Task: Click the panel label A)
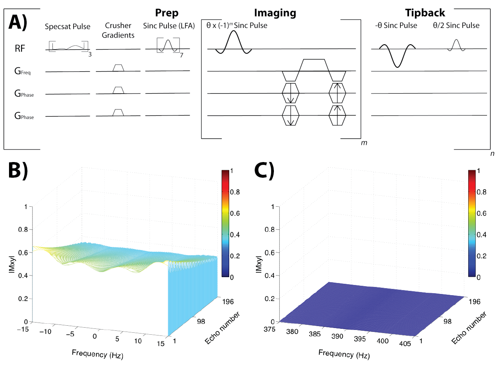pos(18,22)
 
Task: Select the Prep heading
pos(167,13)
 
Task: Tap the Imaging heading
pos(275,13)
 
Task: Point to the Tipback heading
pos(425,13)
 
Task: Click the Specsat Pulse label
pos(67,27)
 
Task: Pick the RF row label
pos(20,49)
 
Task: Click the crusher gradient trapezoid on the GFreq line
pos(118,68)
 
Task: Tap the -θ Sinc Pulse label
pos(396,25)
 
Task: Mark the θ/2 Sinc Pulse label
pos(456,25)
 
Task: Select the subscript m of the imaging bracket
pos(364,143)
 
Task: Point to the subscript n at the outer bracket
pos(492,153)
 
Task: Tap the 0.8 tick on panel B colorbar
pos(235,192)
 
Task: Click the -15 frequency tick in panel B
pos(23,330)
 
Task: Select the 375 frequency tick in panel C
pos(270,330)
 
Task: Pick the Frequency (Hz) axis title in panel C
pos(344,354)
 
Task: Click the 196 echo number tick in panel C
pos(474,301)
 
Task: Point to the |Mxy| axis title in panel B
pos(12,265)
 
